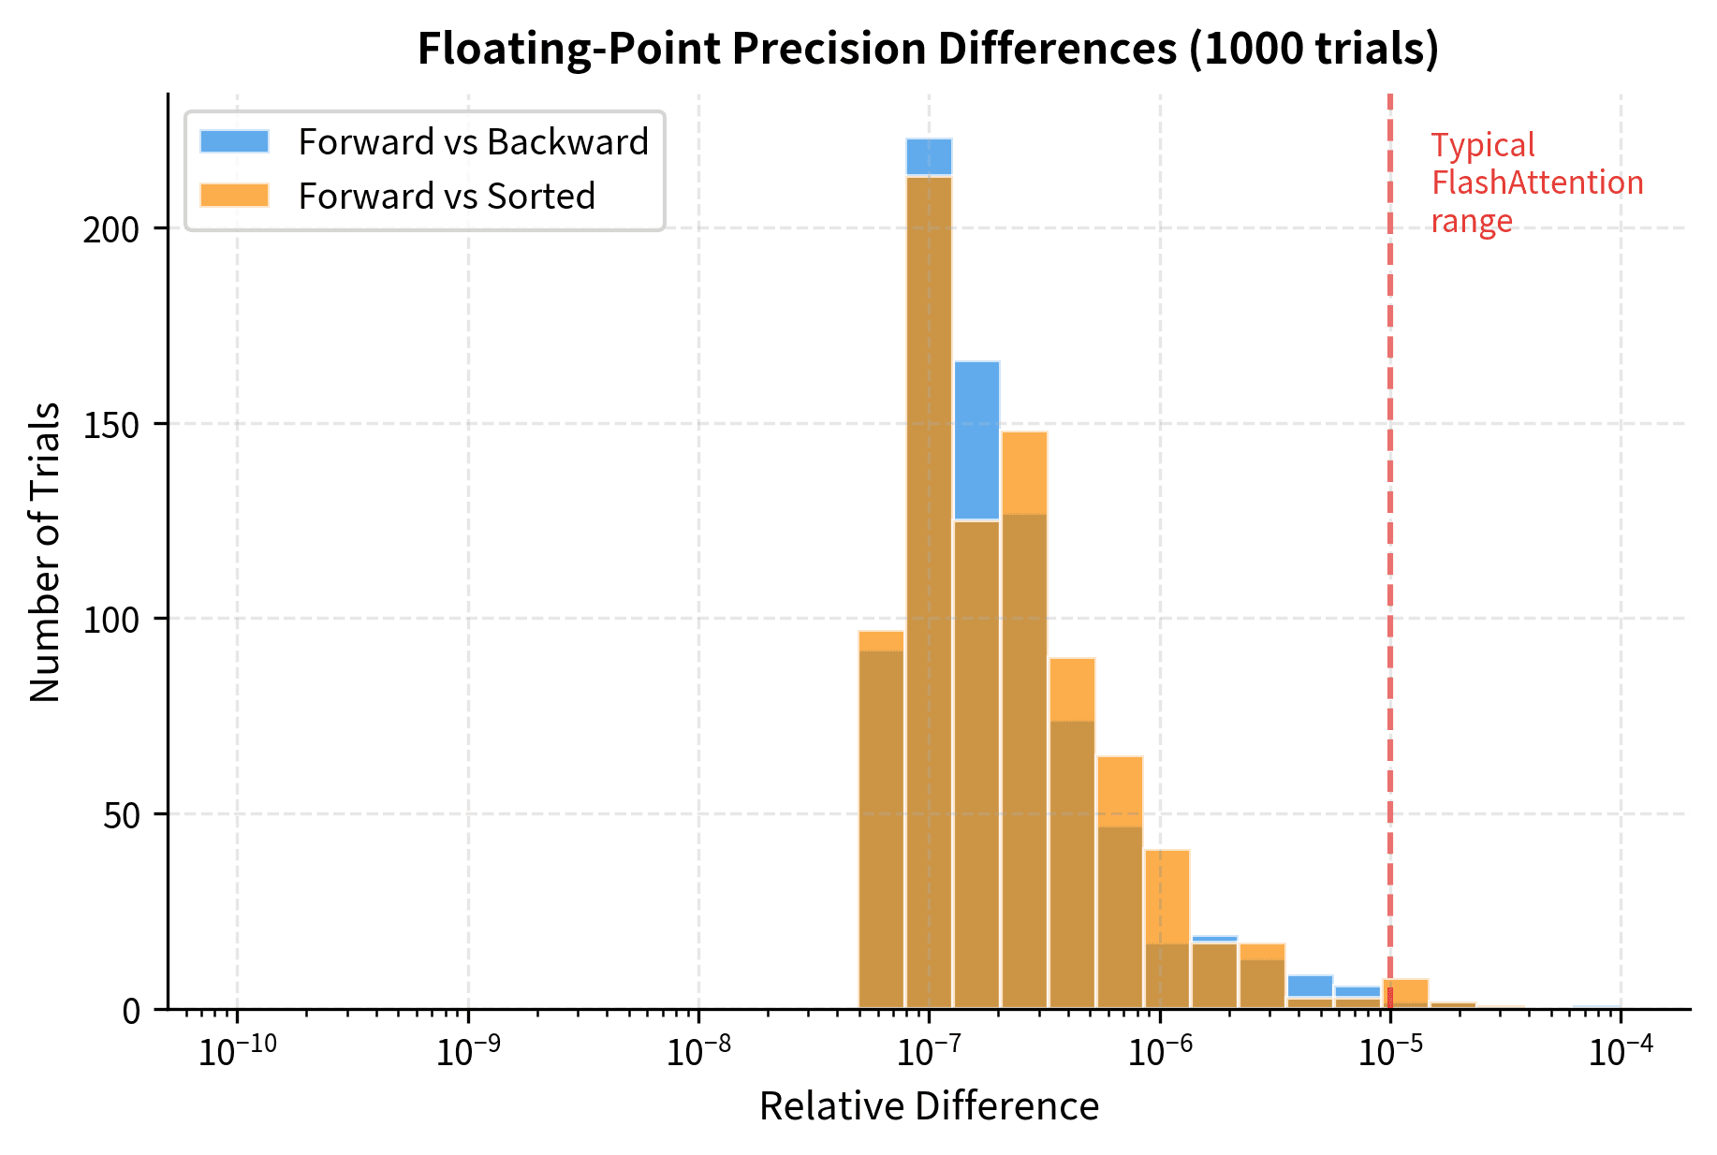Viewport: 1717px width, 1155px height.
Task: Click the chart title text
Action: point(927,49)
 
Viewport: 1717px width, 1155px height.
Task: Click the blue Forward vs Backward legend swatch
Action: point(234,141)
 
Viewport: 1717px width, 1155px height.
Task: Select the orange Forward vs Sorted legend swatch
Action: point(234,196)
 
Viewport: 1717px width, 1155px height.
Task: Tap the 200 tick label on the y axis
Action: point(110,229)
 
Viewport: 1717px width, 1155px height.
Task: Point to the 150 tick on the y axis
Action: point(110,424)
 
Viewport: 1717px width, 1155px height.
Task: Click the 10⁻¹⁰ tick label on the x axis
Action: point(237,1051)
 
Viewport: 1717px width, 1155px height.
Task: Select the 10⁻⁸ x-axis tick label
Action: point(698,1051)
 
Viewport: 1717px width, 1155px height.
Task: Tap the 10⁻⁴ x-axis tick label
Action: point(1621,1051)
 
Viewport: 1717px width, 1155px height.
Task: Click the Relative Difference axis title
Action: point(928,1106)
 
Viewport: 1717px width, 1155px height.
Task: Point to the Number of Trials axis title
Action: point(45,552)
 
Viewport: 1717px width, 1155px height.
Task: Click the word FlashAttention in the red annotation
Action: point(1536,183)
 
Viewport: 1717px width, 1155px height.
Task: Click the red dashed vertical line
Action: point(1390,562)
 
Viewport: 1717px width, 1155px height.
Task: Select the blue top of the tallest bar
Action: point(929,156)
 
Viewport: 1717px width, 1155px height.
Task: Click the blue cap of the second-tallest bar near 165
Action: point(976,440)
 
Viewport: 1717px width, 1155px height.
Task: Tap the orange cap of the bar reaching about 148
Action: point(1024,472)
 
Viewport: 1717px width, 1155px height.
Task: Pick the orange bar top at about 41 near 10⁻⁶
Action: point(1167,897)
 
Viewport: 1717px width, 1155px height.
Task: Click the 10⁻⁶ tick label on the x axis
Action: point(1159,1051)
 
